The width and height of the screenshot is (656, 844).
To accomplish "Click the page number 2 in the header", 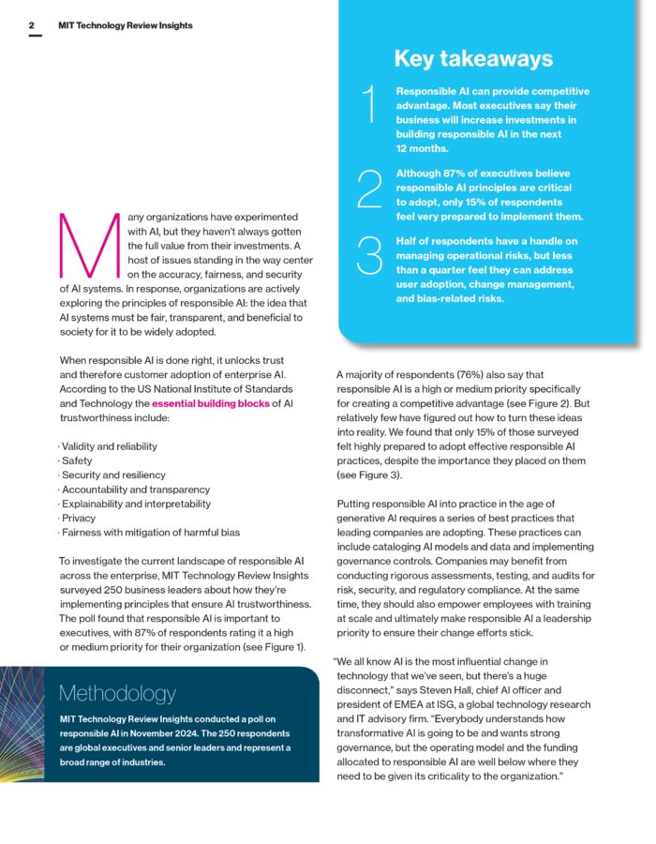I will click(32, 25).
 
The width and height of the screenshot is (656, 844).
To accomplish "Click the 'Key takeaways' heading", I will click(472, 59).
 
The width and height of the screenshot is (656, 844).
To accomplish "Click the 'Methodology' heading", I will click(116, 694).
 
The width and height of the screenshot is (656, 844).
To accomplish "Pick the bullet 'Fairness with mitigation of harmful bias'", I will click(149, 533).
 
